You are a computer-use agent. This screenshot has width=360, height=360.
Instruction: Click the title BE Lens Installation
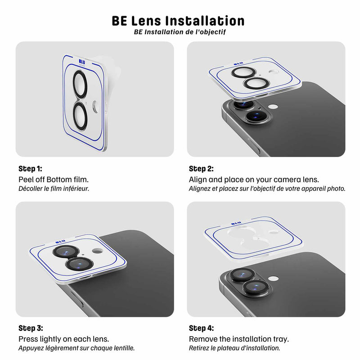(x=178, y=21)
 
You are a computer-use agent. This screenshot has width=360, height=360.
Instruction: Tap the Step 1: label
(x=30, y=169)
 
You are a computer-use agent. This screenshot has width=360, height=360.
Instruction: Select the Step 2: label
(x=201, y=169)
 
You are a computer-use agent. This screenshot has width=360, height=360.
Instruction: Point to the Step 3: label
(x=31, y=328)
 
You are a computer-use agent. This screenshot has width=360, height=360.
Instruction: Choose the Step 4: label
(x=202, y=328)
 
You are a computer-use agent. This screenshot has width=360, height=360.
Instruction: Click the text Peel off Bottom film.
(x=54, y=179)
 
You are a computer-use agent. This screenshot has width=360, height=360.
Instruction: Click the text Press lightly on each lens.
(x=64, y=339)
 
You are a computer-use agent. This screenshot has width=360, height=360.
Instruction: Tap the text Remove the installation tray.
(x=238, y=339)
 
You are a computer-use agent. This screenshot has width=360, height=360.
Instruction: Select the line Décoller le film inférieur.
(x=54, y=189)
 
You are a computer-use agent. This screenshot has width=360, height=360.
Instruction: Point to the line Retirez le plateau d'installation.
(x=234, y=348)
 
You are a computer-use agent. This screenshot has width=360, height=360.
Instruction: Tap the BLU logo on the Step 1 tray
(x=81, y=62)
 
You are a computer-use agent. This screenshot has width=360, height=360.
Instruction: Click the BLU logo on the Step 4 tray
(x=236, y=223)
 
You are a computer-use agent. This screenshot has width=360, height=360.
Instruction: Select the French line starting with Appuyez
(x=76, y=348)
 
